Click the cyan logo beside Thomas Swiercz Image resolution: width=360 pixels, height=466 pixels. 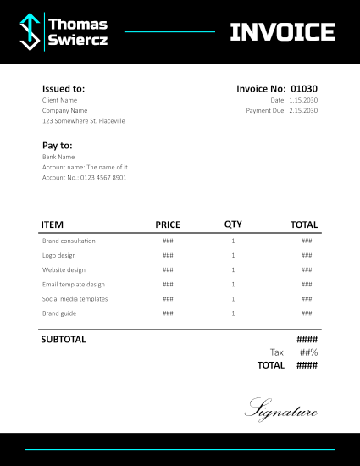pyautogui.click(x=30, y=31)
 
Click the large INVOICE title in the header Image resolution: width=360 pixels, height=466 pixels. pyautogui.click(x=283, y=32)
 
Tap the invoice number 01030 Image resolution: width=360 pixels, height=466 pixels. pyautogui.click(x=304, y=88)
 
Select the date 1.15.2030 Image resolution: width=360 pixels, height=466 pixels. pyautogui.click(x=303, y=100)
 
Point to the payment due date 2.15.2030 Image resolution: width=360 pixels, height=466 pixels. pyautogui.click(x=303, y=110)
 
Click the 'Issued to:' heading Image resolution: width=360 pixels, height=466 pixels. pyautogui.click(x=64, y=88)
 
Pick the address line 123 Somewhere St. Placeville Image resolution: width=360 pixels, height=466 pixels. pyautogui.click(x=84, y=121)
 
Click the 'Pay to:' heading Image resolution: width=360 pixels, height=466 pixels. pyautogui.click(x=58, y=146)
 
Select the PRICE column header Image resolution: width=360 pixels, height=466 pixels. pyautogui.click(x=168, y=225)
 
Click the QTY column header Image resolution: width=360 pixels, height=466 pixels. pyautogui.click(x=233, y=225)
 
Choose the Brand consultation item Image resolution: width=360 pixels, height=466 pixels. pyautogui.click(x=69, y=241)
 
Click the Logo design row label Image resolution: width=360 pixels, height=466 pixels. pyautogui.click(x=59, y=256)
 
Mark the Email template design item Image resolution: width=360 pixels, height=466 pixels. pyautogui.click(x=74, y=285)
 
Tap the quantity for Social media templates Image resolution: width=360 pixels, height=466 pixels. pyautogui.click(x=233, y=299)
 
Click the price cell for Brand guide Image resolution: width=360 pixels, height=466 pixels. pyautogui.click(x=168, y=313)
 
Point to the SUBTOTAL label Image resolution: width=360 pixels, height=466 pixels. pyautogui.click(x=64, y=340)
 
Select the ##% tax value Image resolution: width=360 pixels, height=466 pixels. pyautogui.click(x=307, y=352)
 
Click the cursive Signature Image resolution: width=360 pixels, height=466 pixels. pyautogui.click(x=281, y=410)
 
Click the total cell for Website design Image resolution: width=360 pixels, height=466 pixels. pyautogui.click(x=307, y=270)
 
